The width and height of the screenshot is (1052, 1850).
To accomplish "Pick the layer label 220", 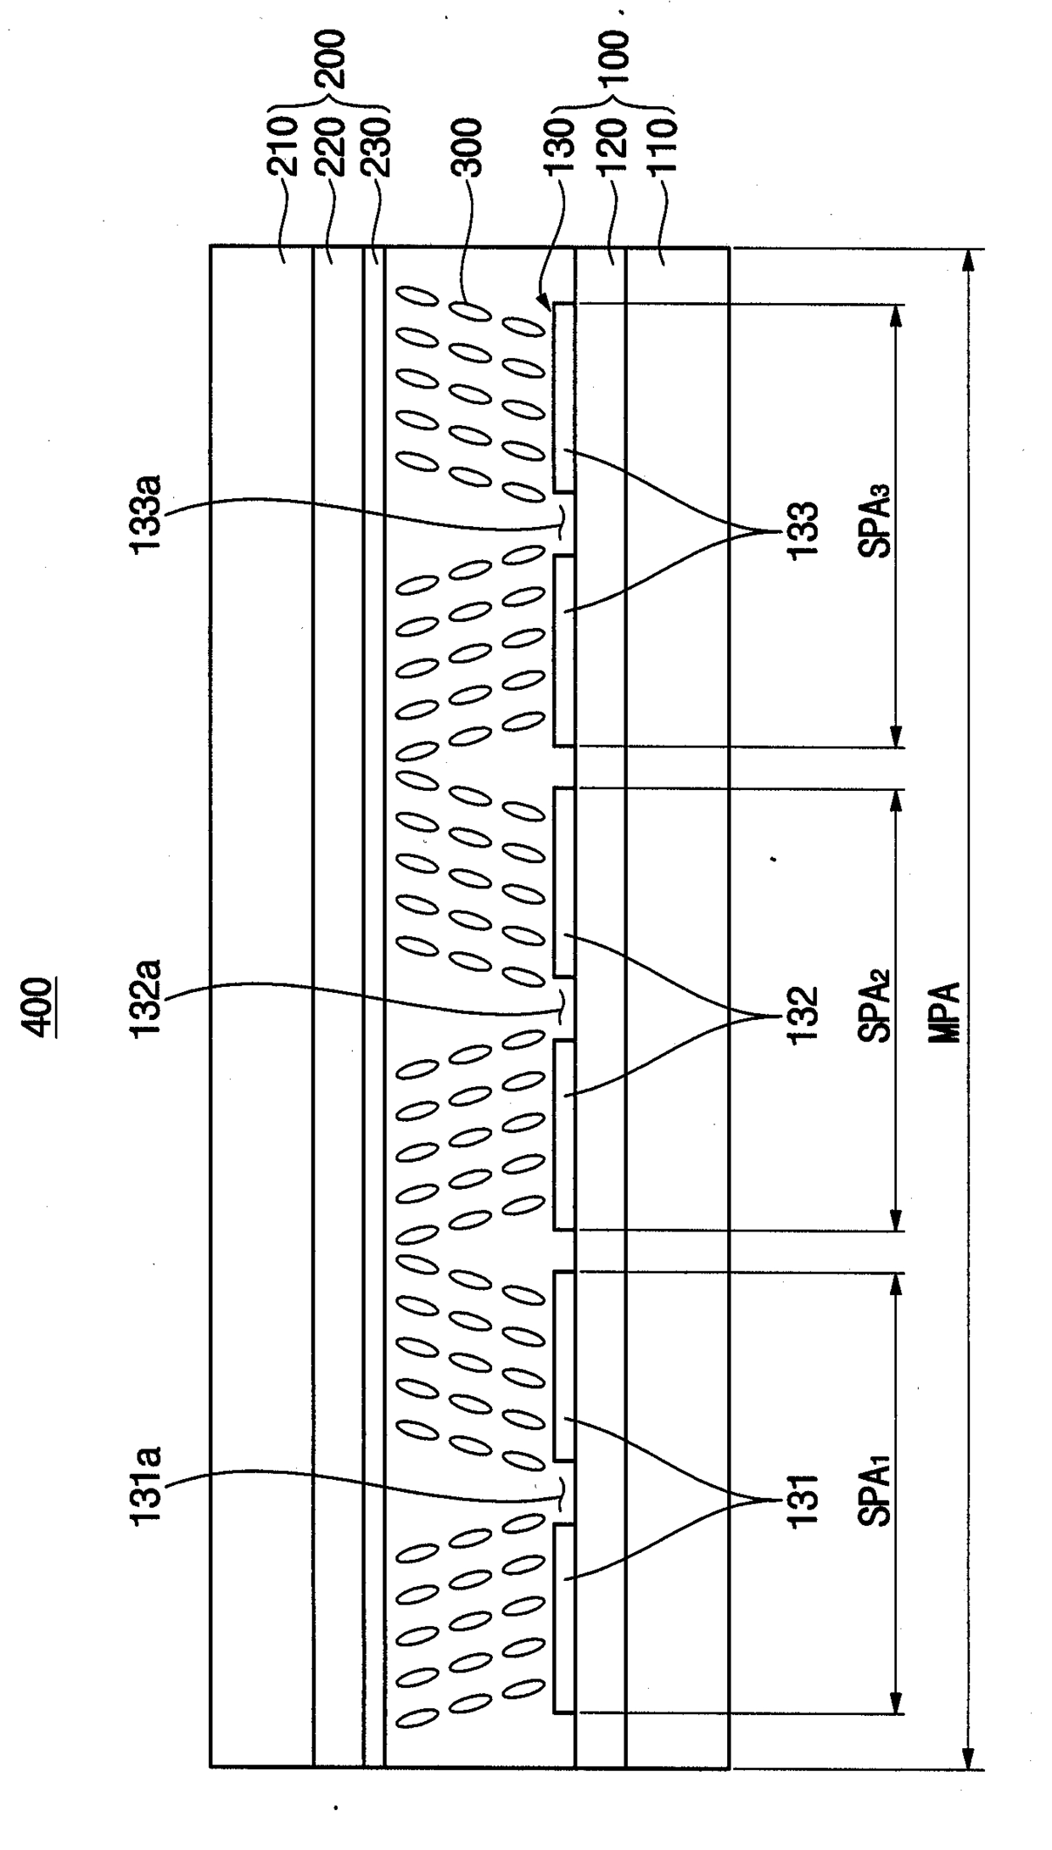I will coord(330,146).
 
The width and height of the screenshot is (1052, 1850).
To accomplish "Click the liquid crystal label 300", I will coord(466,146).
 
